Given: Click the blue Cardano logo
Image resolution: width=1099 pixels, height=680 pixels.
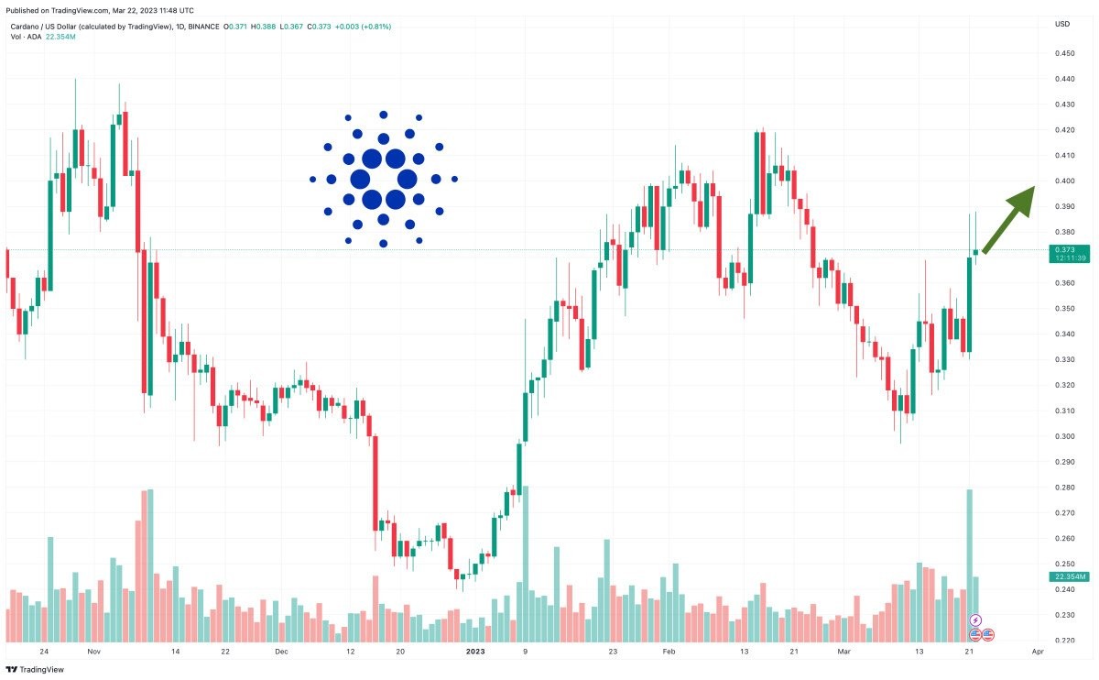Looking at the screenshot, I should tap(384, 179).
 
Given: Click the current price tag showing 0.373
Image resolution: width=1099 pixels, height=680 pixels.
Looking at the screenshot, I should tap(1069, 249).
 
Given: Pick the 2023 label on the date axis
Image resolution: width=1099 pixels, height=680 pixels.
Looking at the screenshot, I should tap(475, 652).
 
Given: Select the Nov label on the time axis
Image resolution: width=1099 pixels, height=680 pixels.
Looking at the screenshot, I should tap(92, 652).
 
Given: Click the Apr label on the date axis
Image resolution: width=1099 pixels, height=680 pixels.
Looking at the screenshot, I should tap(1037, 652).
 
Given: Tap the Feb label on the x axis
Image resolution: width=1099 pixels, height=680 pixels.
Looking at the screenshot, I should tap(669, 652).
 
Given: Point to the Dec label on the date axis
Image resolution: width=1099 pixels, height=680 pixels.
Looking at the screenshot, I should tap(281, 652).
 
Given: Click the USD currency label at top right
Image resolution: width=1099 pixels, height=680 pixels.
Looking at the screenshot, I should tap(1062, 24).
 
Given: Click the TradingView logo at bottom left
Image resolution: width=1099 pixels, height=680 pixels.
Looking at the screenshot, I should tap(37, 669).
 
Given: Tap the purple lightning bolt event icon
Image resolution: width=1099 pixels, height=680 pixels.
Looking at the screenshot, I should tap(975, 620).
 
